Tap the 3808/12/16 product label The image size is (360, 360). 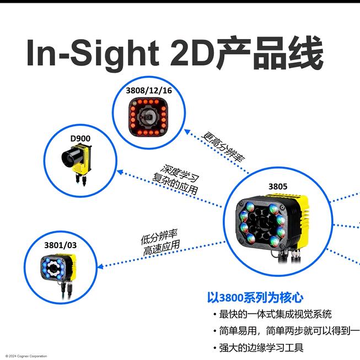tap(149, 90)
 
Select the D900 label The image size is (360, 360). tap(80, 138)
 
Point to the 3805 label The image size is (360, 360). tap(278, 186)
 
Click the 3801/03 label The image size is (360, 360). tap(61, 245)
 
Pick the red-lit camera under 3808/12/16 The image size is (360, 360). tap(148, 116)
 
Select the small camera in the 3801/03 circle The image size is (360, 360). tap(58, 271)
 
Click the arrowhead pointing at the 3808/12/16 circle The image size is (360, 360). tap(187, 132)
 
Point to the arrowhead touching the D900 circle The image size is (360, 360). tap(120, 172)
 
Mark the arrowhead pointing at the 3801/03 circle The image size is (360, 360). tap(100, 267)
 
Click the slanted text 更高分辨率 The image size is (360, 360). tap(223, 147)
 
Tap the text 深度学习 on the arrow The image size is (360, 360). tap(180, 173)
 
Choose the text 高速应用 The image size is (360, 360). tap(162, 248)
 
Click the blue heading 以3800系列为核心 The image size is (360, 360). tap(255, 298)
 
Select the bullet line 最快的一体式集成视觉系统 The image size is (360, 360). tap(275, 314)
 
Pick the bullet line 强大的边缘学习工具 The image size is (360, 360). tap(261, 348)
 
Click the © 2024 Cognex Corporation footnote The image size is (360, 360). tap(26, 356)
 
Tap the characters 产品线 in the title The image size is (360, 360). tap(271, 53)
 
